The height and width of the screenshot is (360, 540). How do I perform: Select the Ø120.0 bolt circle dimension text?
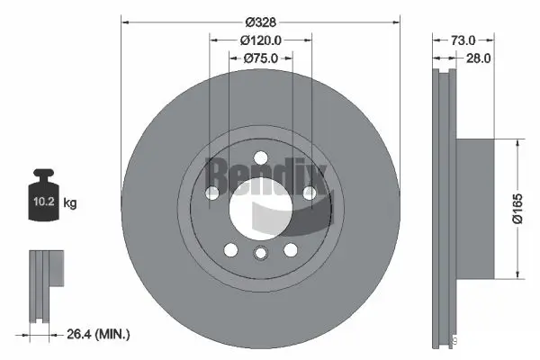(x=261, y=40)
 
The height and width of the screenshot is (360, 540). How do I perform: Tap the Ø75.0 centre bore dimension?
(x=261, y=58)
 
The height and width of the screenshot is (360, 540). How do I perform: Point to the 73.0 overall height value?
(x=462, y=40)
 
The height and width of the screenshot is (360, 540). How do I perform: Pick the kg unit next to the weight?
(x=70, y=203)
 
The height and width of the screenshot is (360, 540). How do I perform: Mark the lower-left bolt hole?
(x=230, y=249)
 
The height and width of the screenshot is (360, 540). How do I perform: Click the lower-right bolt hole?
(x=291, y=249)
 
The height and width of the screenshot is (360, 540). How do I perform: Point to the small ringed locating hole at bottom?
(x=260, y=254)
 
